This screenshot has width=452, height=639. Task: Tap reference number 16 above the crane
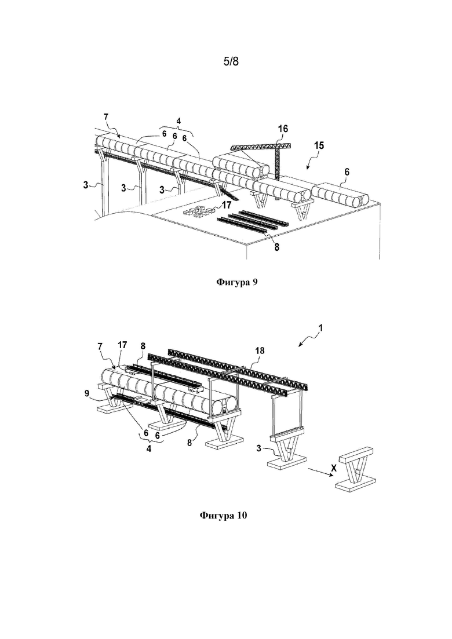(283, 129)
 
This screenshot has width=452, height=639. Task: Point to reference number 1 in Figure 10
(321, 328)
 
